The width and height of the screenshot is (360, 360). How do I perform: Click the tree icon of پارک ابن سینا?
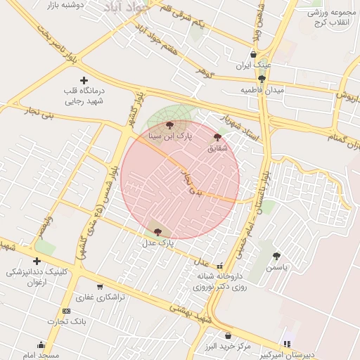(169, 125)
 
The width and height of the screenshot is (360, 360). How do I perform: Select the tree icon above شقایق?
(217, 138)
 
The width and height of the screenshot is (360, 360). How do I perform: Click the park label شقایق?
(217, 148)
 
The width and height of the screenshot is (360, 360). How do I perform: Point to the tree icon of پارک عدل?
(157, 231)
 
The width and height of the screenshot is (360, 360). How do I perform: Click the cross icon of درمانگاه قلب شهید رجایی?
(84, 81)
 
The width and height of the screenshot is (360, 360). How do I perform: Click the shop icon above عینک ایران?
(253, 54)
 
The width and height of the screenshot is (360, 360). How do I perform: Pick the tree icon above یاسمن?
(276, 256)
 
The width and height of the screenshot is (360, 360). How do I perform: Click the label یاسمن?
(276, 267)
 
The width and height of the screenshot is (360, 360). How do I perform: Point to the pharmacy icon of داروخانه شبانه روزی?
(220, 266)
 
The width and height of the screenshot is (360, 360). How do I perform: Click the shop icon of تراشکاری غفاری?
(99, 286)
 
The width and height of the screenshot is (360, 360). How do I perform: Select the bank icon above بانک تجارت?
(66, 311)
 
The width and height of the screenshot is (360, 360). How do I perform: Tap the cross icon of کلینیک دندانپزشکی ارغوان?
(37, 261)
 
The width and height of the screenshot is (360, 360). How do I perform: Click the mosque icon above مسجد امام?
(41, 345)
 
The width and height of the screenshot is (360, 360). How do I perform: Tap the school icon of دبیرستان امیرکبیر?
(286, 344)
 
